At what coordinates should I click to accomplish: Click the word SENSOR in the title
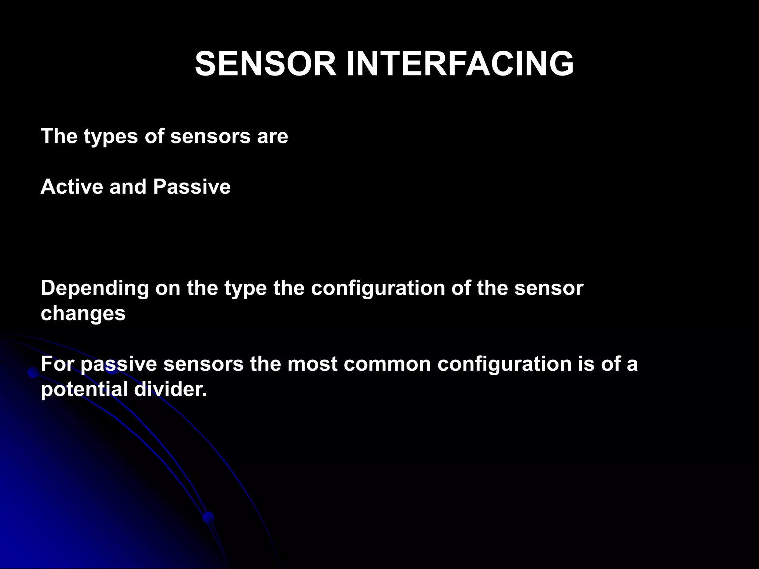(x=265, y=64)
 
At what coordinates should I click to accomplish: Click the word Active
(x=72, y=186)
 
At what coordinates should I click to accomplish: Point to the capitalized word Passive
(x=192, y=186)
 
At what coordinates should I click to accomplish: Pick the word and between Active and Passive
(x=128, y=186)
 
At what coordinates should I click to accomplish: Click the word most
(x=312, y=364)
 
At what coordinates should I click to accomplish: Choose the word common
(x=387, y=364)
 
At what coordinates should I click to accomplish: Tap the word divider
(x=168, y=389)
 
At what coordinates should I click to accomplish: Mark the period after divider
(x=204, y=395)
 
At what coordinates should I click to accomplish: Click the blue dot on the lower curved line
(x=209, y=517)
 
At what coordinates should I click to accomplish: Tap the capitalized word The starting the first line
(x=59, y=136)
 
